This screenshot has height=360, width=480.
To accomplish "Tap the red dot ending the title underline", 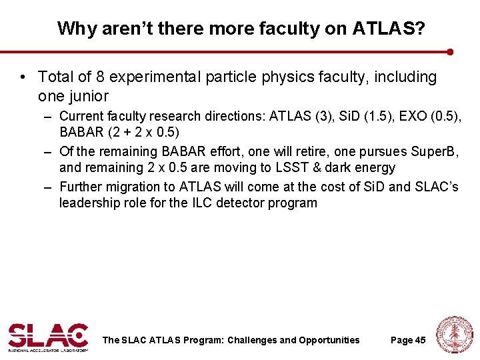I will (451, 51).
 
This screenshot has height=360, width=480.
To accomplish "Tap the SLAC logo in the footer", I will (48, 337).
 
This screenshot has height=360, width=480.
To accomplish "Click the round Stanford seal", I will (455, 335).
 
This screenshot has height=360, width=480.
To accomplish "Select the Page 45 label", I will (408, 340).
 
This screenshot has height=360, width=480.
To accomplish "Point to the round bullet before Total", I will (23, 78).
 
